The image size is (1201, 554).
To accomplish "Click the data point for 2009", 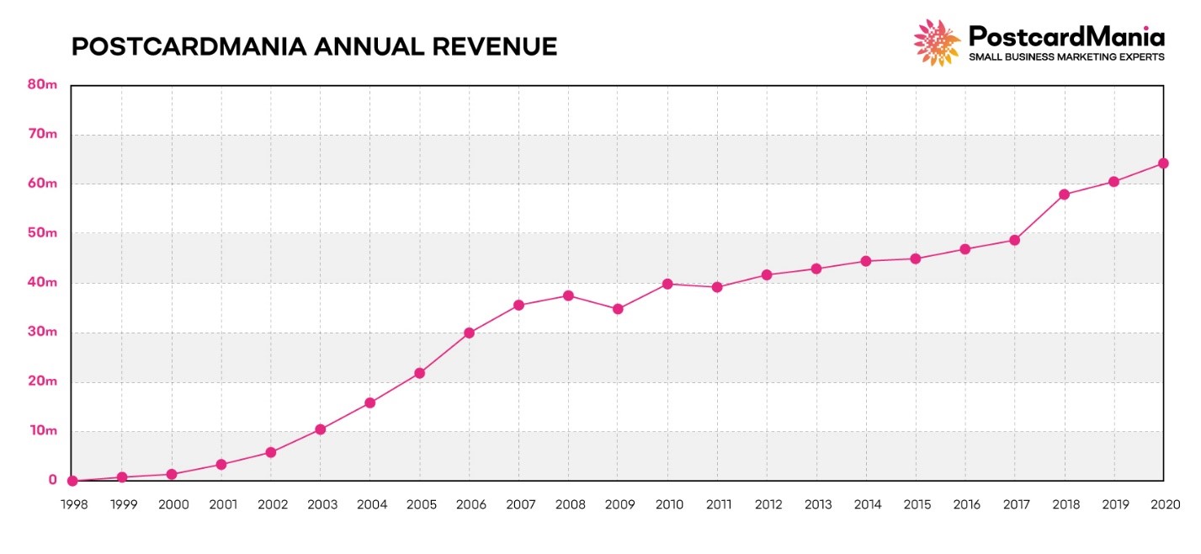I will [x=618, y=309].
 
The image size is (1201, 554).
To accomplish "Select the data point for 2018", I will [x=1064, y=194].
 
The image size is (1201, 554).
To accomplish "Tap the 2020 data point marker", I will [x=1163, y=163].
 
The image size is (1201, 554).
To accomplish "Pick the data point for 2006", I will [x=469, y=333].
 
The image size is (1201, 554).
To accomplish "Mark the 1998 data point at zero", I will [x=72, y=481].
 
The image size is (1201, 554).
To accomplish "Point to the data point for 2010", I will [x=667, y=284].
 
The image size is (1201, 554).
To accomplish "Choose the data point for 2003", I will [x=320, y=429].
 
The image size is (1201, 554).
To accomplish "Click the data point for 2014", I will [x=865, y=261].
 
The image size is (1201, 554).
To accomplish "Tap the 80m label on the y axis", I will [x=42, y=84].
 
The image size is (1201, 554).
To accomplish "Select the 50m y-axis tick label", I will [x=42, y=232].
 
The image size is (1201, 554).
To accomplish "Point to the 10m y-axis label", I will [x=42, y=430].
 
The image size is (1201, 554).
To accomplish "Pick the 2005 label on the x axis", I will [x=421, y=504].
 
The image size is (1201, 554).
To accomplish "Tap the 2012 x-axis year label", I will [x=768, y=504].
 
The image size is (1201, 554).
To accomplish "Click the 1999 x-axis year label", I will [x=124, y=504].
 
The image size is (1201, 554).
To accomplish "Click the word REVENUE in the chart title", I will [x=496, y=47].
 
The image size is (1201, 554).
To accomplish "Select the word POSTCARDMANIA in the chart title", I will [x=188, y=47].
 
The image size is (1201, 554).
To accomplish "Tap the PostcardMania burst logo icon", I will [x=937, y=42].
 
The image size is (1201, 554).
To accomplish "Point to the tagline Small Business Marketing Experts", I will [x=1066, y=56].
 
